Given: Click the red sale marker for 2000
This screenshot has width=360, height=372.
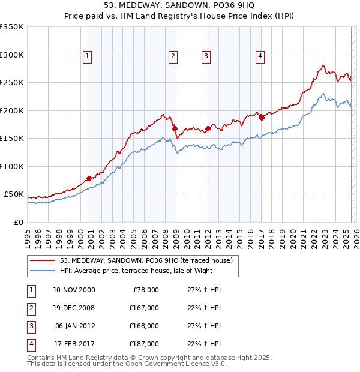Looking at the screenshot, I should (89, 178).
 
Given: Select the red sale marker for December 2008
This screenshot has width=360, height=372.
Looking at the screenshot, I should (175, 128).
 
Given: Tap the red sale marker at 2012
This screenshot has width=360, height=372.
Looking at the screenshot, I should (208, 128).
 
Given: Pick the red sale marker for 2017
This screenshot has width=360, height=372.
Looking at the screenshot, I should (262, 118).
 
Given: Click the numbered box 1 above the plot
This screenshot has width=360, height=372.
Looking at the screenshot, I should (88, 56).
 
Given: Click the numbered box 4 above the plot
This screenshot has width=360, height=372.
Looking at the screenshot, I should (260, 56).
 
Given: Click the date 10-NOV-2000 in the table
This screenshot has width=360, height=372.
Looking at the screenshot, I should (74, 290).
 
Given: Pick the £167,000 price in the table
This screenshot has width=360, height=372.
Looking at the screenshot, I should (144, 308).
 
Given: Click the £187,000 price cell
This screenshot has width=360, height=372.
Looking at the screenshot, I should (144, 344).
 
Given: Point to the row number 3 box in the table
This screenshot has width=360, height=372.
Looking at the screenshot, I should (29, 326).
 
